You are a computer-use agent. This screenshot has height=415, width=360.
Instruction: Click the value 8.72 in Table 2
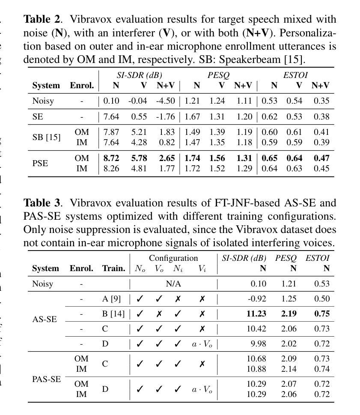pyautogui.click(x=112, y=158)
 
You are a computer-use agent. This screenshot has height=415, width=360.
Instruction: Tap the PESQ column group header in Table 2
pyautogui.click(x=218, y=75)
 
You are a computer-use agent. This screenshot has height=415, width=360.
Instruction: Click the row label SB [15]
pyautogui.click(x=46, y=137)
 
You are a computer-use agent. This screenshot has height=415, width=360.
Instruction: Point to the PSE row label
pyautogui.click(x=40, y=163)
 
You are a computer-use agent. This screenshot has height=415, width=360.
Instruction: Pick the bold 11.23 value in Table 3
pyautogui.click(x=256, y=314)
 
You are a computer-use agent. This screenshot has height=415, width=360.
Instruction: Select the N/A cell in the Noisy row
pyautogui.click(x=173, y=284)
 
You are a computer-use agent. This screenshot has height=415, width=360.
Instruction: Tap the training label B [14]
pyautogui.click(x=113, y=314)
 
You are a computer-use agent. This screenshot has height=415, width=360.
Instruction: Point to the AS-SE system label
pyautogui.click(x=45, y=319)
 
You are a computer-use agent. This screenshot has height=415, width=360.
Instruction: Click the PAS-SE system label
pyautogui.click(x=47, y=379)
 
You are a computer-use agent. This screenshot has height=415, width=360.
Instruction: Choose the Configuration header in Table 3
pyautogui.click(x=173, y=258)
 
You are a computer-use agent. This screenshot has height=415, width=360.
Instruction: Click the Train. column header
pyautogui.click(x=113, y=269)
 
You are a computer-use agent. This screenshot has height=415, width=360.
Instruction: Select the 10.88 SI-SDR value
pyautogui.click(x=256, y=369)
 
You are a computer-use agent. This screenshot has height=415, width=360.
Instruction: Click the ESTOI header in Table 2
pyautogui.click(x=295, y=75)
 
